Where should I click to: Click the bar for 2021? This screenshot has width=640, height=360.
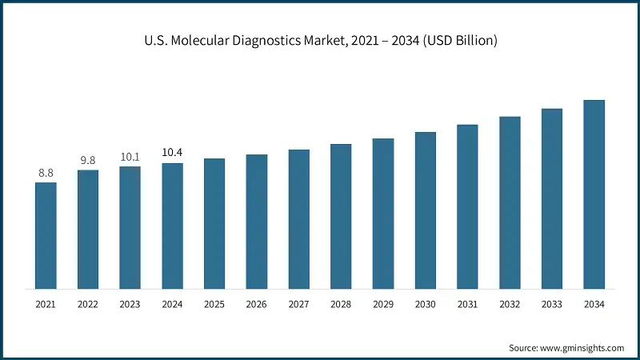tap(46, 235)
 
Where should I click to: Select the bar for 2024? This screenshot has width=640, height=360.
tap(172, 226)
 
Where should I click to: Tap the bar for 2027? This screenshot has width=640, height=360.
tap(298, 218)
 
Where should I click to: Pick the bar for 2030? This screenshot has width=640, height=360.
tap(425, 210)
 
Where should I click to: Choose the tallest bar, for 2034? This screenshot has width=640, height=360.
tap(594, 194)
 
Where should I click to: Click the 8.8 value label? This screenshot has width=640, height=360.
tap(46, 172)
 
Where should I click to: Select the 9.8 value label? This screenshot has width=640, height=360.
tap(88, 160)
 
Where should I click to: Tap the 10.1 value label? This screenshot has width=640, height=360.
tap(130, 156)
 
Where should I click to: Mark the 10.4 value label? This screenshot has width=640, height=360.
tap(172, 152)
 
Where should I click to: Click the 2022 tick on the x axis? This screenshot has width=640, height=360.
tap(88, 305)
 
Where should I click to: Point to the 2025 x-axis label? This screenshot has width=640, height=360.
tap(214, 305)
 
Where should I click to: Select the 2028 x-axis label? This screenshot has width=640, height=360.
tap(341, 305)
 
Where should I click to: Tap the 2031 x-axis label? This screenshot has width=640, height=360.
tap(467, 305)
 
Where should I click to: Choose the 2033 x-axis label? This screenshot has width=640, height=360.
tap(551, 305)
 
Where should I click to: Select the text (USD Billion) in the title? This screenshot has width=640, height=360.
tap(454, 40)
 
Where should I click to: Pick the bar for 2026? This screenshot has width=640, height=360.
tap(256, 221)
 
